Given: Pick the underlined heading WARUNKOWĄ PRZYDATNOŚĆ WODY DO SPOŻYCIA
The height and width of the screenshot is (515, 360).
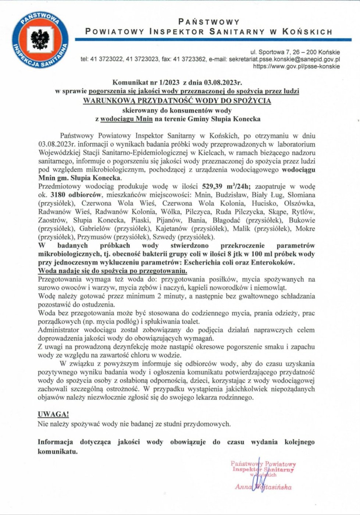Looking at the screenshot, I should [177, 100].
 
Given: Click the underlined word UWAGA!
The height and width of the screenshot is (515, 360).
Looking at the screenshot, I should [53, 414].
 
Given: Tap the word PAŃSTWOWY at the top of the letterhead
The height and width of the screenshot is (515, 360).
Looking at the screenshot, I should [209, 22].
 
